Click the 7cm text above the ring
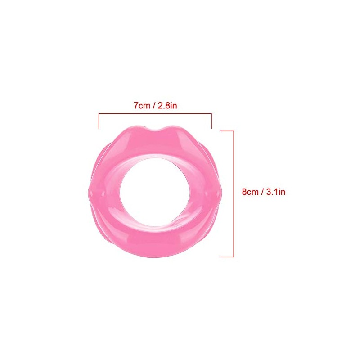coord(142,106)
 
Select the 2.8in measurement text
coord(167,106)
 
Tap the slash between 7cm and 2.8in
coord(154,106)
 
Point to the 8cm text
coord(250,192)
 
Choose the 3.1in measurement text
coord(276,192)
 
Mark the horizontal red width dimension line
coord(155,113)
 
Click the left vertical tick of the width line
coord(99,121)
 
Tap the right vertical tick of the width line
coord(211,121)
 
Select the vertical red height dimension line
coord(234,194)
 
